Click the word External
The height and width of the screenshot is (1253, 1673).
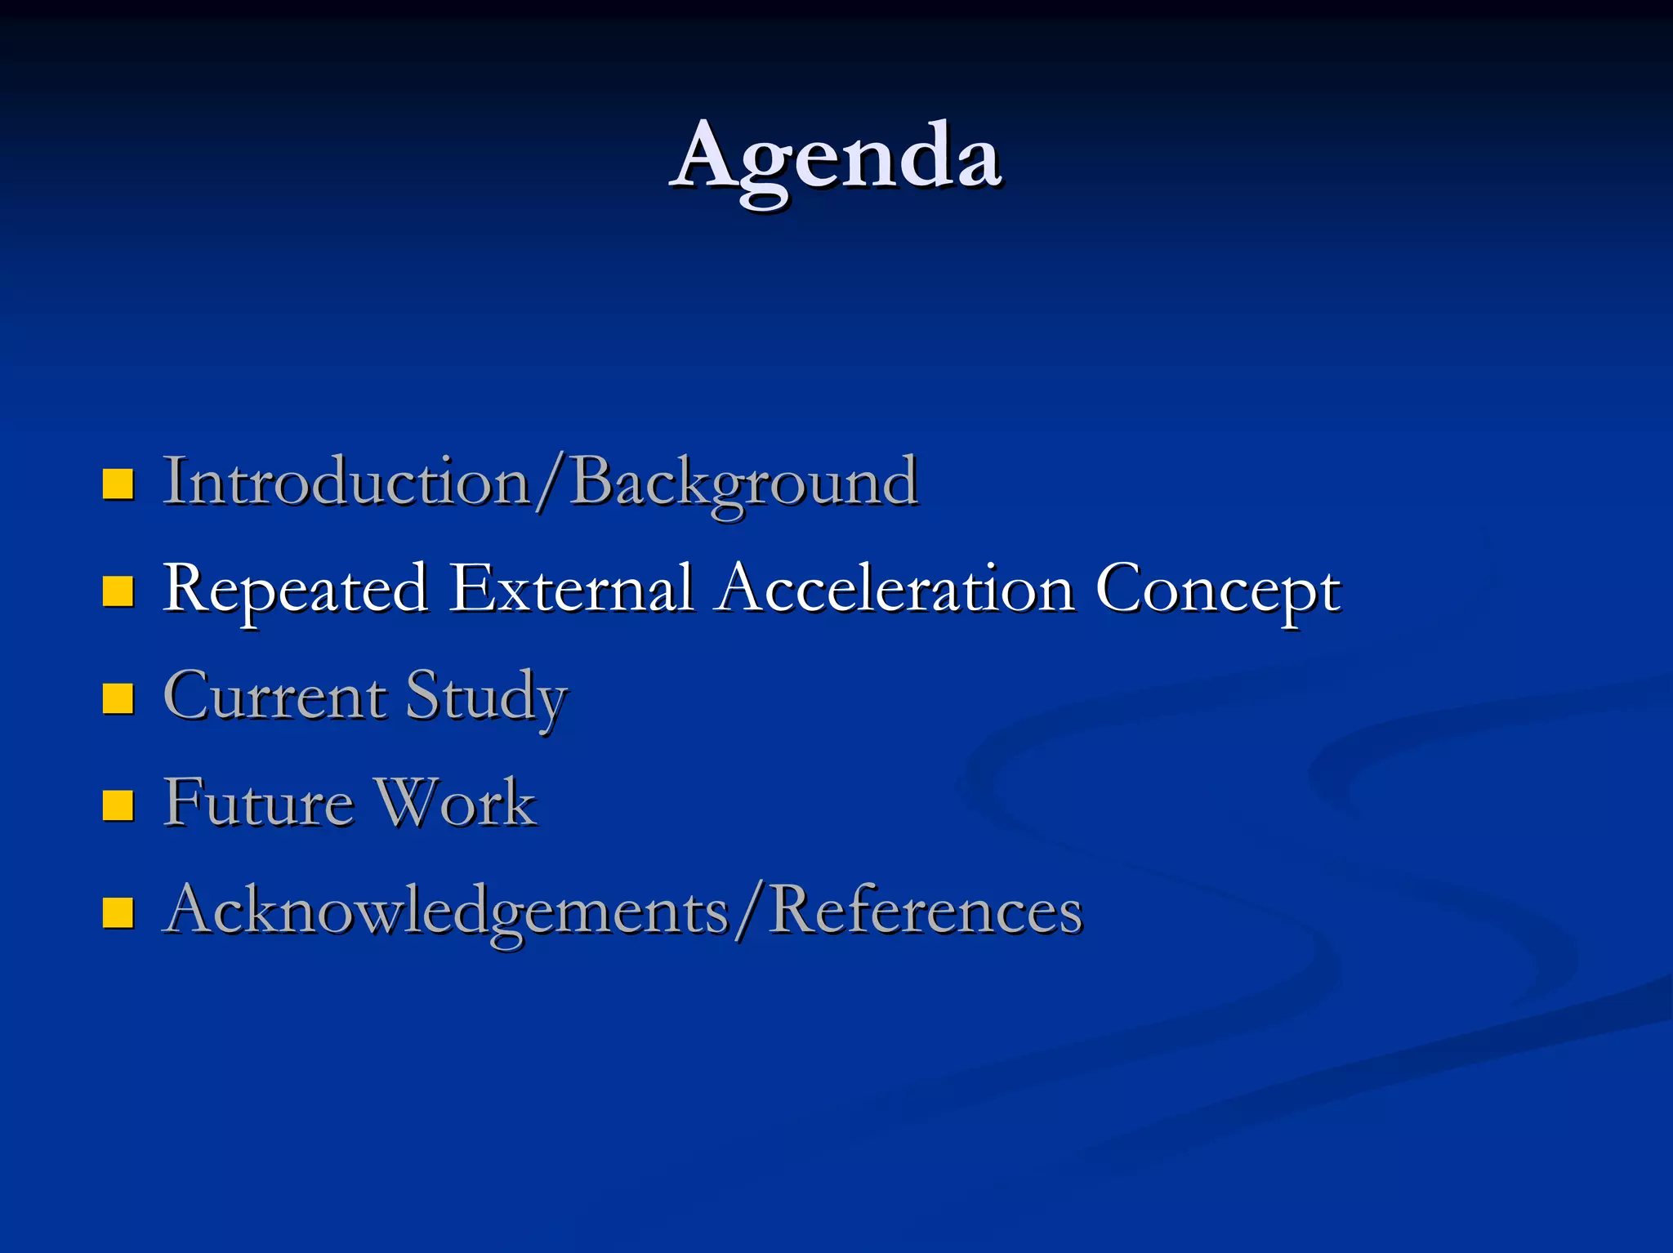[572, 588]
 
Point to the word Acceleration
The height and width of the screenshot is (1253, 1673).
[895, 588]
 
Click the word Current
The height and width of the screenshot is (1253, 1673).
[274, 696]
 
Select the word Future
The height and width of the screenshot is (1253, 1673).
[258, 802]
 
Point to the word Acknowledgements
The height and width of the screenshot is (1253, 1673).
[446, 910]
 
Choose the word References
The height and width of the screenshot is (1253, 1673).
[925, 910]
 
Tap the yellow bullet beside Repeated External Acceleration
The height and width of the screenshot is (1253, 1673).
[118, 591]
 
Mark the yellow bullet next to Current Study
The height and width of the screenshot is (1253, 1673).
[118, 698]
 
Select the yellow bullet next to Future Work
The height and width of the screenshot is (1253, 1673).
[118, 805]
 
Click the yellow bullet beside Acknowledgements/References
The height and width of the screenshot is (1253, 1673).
[118, 912]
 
